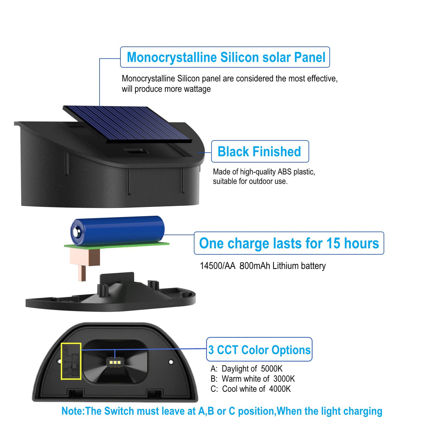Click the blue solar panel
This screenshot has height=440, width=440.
(x=127, y=124)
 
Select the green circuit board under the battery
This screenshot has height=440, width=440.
(x=117, y=245)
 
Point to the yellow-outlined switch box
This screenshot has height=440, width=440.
(x=71, y=361)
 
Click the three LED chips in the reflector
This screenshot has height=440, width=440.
(x=115, y=362)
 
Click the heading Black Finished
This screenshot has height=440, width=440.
(x=259, y=151)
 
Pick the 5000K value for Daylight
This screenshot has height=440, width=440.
(x=272, y=369)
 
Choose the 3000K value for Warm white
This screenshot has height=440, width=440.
(x=284, y=379)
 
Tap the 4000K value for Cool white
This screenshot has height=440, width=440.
(x=280, y=389)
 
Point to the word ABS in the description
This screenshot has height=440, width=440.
(x=284, y=172)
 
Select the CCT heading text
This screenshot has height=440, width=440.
(x=259, y=350)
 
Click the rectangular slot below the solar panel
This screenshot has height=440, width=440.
(x=136, y=151)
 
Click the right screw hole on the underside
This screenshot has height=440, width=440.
(x=171, y=362)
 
